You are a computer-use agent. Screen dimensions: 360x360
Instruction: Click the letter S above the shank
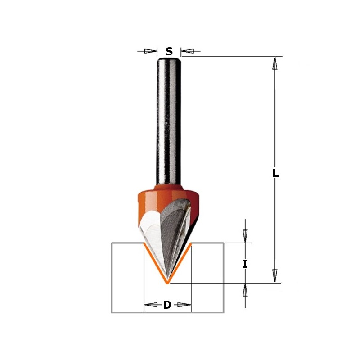[x=169, y=51]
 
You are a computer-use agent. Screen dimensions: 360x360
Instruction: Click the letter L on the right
[x=275, y=173]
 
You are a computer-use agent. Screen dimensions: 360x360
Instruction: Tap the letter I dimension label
[x=245, y=264]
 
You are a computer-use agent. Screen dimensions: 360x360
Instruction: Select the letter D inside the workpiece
[x=167, y=305]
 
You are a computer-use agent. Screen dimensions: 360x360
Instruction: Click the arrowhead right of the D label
[x=181, y=305]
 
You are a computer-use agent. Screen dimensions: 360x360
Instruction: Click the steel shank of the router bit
[x=169, y=121]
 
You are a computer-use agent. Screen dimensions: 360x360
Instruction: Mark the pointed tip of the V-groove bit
[x=167, y=282]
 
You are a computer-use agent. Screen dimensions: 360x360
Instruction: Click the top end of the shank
[x=169, y=58]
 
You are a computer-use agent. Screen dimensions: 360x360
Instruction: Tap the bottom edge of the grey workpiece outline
[x=167, y=312]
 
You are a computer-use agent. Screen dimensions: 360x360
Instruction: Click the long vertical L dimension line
[x=274, y=135]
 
